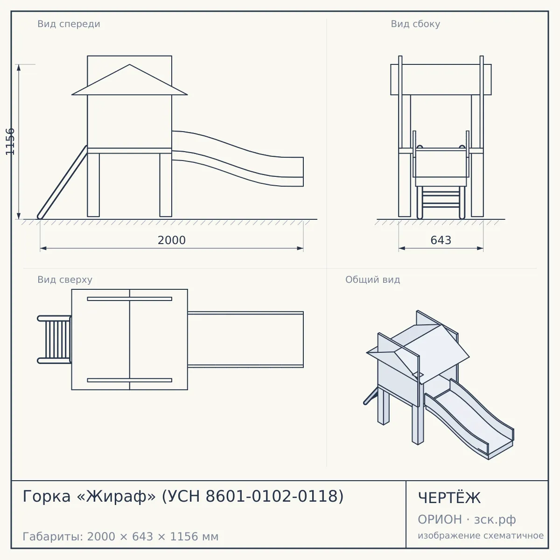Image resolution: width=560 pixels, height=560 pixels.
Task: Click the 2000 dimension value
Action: coord(171,240)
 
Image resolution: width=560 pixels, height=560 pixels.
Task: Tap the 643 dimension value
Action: coord(441,240)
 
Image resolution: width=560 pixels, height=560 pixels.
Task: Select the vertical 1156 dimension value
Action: coord(10,141)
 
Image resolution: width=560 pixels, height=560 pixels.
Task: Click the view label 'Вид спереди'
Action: coord(69,24)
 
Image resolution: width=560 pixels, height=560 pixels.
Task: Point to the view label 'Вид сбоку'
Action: coord(415,24)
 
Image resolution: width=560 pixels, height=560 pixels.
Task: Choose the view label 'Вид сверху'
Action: coord(65,280)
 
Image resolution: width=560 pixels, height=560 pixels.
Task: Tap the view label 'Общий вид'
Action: coord(372,280)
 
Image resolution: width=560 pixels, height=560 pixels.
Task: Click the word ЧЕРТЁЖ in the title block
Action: coord(449,498)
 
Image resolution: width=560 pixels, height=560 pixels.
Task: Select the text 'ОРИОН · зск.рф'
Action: coord(467,519)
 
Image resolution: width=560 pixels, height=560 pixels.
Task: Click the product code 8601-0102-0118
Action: coord(274,496)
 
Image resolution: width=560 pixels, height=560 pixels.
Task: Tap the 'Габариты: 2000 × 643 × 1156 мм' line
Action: coord(120,537)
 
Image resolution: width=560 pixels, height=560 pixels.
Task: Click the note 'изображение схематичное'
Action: coord(481,535)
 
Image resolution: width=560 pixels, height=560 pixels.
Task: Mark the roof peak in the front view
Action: coord(130,64)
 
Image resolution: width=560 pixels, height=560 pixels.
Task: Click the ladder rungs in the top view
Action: coord(58,339)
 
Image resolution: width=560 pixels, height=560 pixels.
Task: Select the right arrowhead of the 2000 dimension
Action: coord(300,248)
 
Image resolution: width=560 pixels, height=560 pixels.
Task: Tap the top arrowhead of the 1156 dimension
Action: coord(19,67)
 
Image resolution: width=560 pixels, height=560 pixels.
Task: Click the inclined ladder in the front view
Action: coord(62,182)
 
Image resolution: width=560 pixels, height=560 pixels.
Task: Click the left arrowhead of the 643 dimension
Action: coord(402,248)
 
